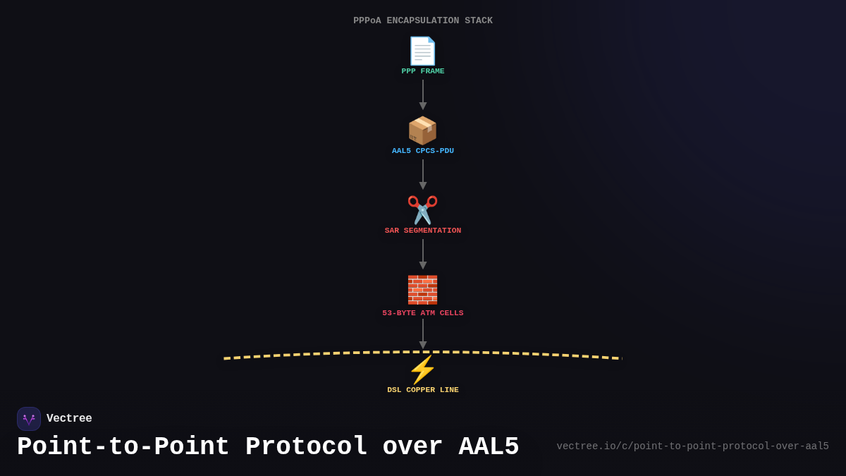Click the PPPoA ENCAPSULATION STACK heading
point(423,20)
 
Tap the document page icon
point(423,51)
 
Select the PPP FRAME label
point(423,71)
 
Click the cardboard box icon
point(423,130)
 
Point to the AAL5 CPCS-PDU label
point(423,151)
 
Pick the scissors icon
point(423,210)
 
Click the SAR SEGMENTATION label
point(423,231)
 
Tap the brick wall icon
point(423,290)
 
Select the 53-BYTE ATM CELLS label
point(423,313)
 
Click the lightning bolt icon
point(423,370)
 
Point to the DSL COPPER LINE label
point(423,390)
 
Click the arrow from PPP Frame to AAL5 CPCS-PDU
point(423,94)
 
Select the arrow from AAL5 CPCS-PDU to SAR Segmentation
point(423,174)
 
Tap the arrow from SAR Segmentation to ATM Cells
point(423,254)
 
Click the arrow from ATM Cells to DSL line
point(423,334)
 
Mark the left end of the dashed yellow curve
point(226,358)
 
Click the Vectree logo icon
point(29,419)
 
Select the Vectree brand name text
point(69,419)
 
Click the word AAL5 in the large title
point(489,447)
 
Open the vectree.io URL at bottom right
point(692,446)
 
